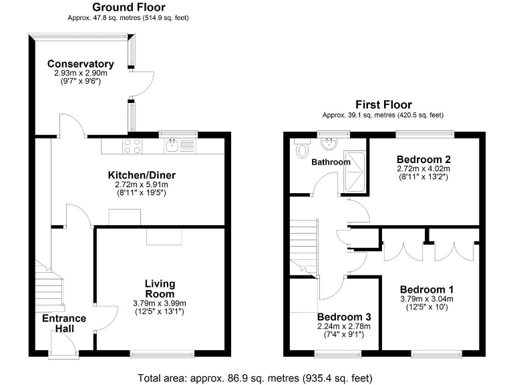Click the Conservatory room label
tap(80, 64)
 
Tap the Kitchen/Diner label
tap(142, 176)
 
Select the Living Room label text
tap(160, 289)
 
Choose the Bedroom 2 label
tap(424, 160)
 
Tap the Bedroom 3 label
tap(344, 317)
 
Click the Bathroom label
tap(331, 162)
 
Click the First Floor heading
tap(383, 105)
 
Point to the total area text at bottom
tap(255, 378)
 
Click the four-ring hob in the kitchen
tap(132, 146)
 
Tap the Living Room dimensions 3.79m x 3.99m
tap(160, 303)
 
